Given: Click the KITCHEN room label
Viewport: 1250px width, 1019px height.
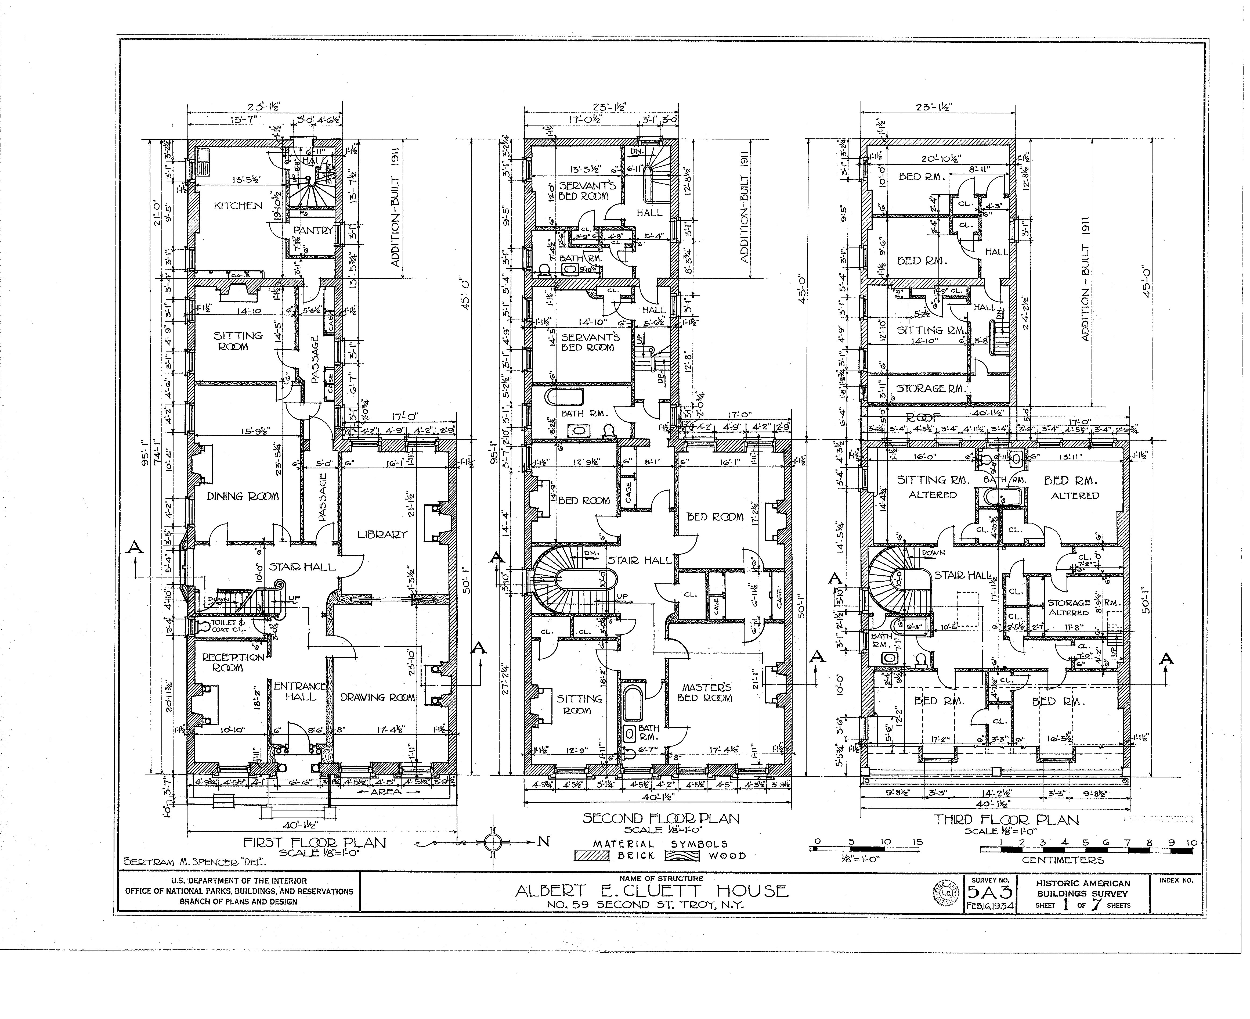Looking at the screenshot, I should tap(238, 206).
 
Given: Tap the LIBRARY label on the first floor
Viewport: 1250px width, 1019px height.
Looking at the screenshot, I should tap(382, 534).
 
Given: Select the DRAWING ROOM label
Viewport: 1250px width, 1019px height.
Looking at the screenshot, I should tap(378, 697).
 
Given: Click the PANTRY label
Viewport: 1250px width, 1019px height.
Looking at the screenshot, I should tap(313, 231).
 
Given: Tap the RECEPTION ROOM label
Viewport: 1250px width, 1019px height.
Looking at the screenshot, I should tap(225, 662).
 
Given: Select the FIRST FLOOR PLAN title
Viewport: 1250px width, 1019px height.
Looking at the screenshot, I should tap(315, 843).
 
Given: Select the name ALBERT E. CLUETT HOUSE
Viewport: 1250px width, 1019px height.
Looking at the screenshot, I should tap(652, 891).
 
